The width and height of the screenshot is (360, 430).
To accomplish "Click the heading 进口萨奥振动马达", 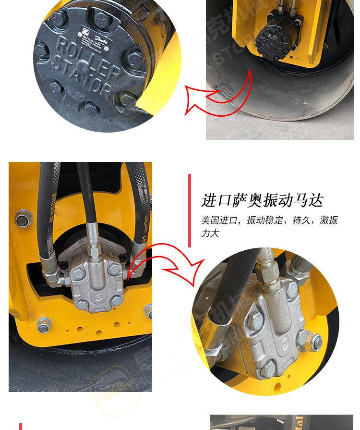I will [x=262, y=200].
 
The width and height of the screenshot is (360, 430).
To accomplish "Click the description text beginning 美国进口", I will [x=269, y=221].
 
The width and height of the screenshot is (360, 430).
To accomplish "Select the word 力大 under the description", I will [x=210, y=233].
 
